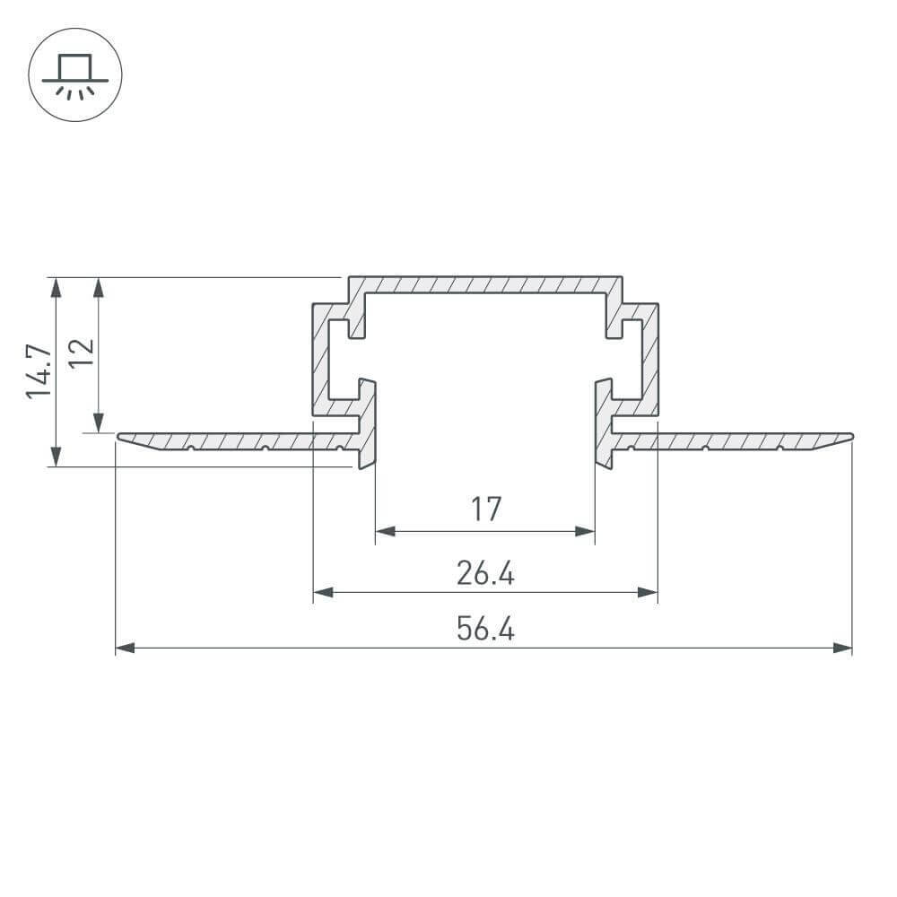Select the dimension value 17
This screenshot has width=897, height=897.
[485, 509]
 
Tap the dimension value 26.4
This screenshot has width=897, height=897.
[485, 572]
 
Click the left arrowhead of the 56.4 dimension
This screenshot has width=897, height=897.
[125, 648]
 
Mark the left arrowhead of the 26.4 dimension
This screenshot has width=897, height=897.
[322, 592]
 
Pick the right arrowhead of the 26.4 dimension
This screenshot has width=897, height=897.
[649, 592]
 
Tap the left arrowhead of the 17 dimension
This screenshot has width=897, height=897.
[385, 532]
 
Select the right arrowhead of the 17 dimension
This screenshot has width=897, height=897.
[586, 532]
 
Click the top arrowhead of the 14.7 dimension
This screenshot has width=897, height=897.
[56, 286]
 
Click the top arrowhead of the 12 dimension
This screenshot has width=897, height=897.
[99, 286]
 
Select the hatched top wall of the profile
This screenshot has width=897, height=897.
[485, 284]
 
